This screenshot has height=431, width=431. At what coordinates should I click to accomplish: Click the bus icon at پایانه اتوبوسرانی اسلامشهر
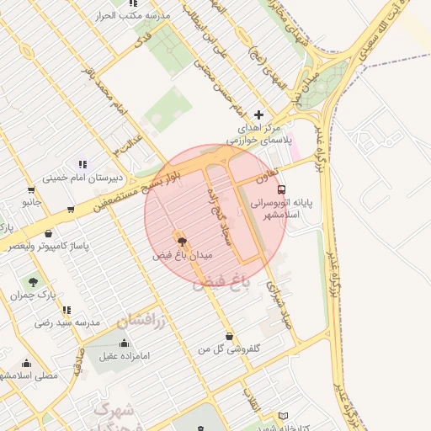pos(281,189)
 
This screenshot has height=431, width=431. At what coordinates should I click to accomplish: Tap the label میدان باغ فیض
pos(184,253)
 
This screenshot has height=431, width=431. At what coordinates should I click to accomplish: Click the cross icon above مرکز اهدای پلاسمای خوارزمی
pos(258,114)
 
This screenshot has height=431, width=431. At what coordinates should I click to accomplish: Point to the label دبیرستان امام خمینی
pos(83,178)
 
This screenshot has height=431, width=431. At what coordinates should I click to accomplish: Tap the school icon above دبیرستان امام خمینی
pos(82,164)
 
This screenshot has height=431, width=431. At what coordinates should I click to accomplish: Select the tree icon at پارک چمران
pos(33,282)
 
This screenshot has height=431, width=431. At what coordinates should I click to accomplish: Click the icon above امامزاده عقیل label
pos(125,343)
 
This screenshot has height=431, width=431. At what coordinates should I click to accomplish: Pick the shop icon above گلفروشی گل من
pos(228,336)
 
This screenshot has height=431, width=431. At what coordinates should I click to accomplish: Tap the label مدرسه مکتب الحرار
pos(141,17)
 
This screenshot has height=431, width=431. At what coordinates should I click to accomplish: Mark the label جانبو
pos(31,203)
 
